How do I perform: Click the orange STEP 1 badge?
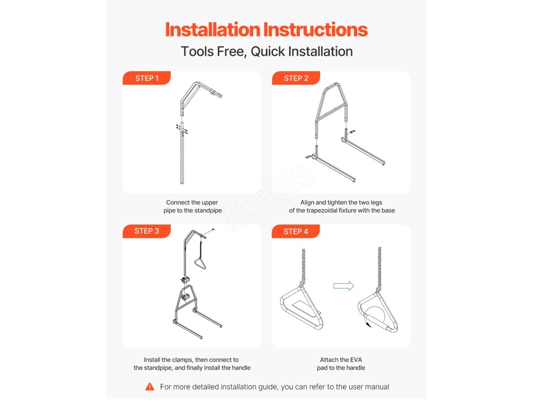[146, 78]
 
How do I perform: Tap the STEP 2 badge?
[296, 78]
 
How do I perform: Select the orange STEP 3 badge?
[146, 231]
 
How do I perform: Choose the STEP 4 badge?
[296, 231]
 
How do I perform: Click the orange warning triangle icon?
[149, 386]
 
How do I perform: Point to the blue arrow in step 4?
[344, 286]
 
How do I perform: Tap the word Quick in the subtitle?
[268, 52]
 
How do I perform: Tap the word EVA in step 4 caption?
[356, 359]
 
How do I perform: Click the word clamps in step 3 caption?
[182, 359]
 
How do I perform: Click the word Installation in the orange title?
[213, 30]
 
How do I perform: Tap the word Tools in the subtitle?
[197, 52]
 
